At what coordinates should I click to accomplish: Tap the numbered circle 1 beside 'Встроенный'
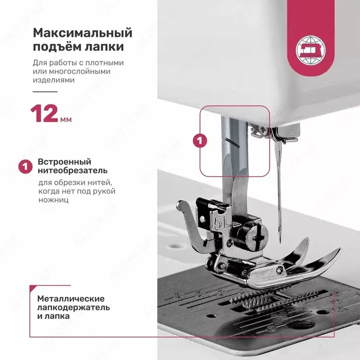point(25,166)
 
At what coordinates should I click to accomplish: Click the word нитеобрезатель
point(72,171)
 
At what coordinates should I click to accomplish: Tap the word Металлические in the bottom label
point(71,299)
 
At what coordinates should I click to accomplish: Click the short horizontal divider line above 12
point(45,91)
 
